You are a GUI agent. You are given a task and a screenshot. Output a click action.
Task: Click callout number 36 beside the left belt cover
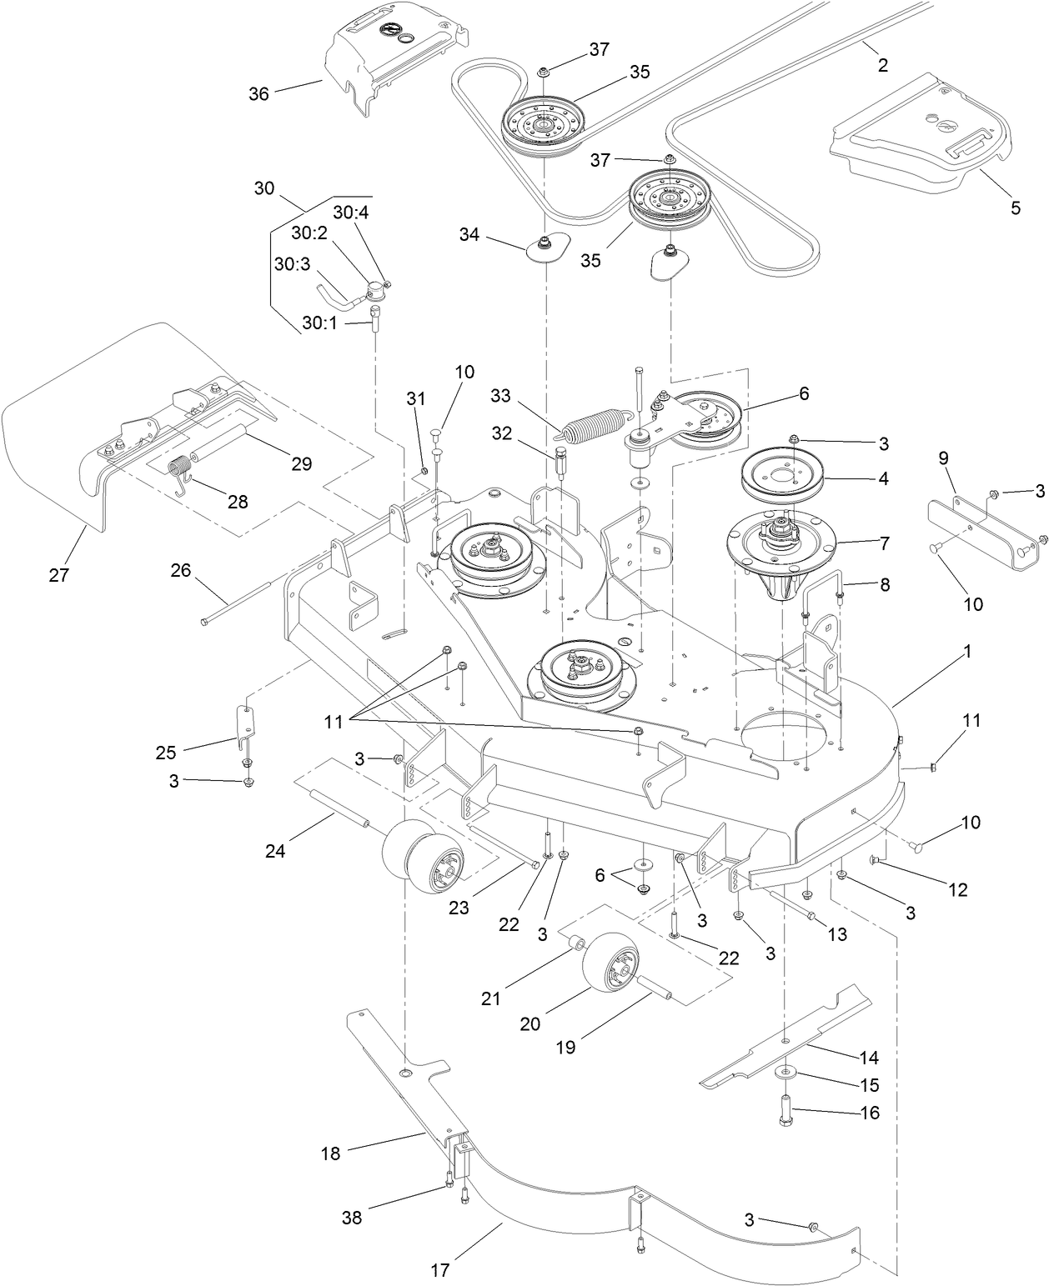[x=259, y=93]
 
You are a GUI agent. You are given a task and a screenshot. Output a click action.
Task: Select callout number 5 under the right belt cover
[x=1015, y=208]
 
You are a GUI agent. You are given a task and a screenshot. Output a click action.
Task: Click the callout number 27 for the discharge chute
[x=58, y=574]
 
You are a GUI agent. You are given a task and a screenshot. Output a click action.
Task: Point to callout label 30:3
[x=291, y=263]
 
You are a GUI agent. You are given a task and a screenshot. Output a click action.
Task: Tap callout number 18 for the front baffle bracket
[x=330, y=1153]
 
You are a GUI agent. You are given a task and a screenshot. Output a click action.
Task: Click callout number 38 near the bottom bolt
[x=352, y=1217]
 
